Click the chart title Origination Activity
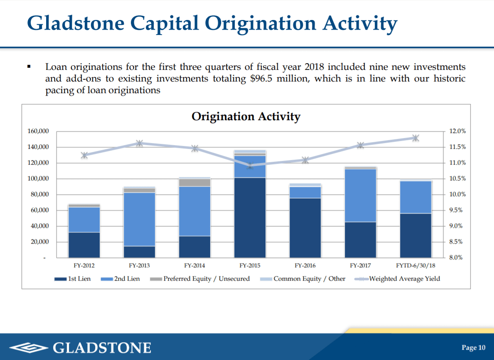(246, 116)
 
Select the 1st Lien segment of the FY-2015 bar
(250, 217)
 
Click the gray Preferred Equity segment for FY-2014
(194, 182)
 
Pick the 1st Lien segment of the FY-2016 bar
(305, 227)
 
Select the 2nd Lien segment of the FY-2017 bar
(360, 195)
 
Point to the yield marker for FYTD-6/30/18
(415, 138)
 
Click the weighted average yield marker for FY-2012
(84, 155)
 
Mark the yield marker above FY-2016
(305, 160)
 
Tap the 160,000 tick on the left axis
(38, 131)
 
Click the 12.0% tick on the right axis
(457, 131)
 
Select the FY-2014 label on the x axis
(194, 265)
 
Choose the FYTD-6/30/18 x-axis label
(415, 265)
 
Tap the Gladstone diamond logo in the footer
(28, 348)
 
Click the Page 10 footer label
(473, 348)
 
